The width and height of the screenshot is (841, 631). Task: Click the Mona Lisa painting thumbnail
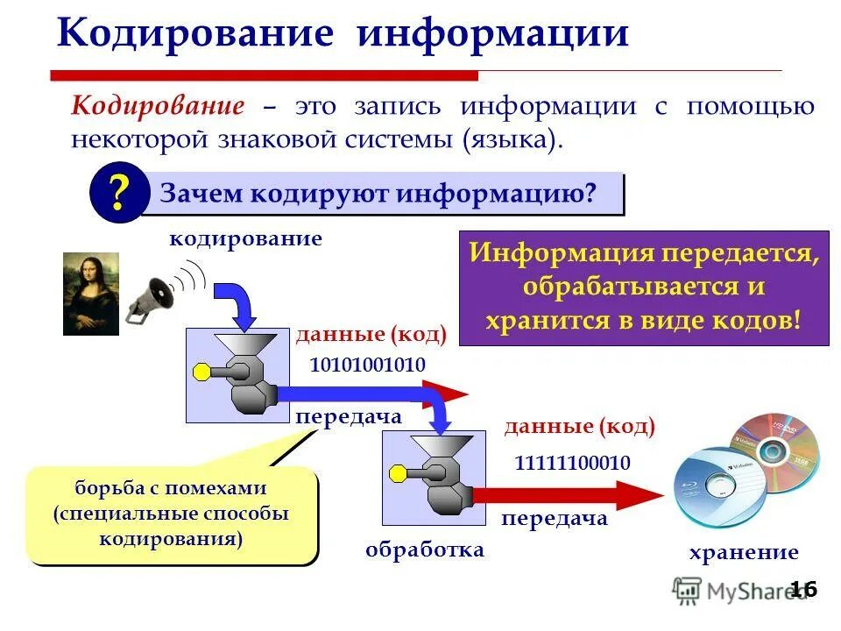(90, 293)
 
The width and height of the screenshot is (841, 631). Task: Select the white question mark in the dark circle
(117, 195)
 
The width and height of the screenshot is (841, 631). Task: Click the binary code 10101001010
(367, 365)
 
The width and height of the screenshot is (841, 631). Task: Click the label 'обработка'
(424, 549)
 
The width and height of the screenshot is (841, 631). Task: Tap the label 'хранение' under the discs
(744, 552)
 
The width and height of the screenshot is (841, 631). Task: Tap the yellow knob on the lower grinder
(399, 475)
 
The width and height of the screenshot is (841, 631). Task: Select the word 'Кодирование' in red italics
(158, 107)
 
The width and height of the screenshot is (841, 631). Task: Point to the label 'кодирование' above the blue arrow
(245, 238)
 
